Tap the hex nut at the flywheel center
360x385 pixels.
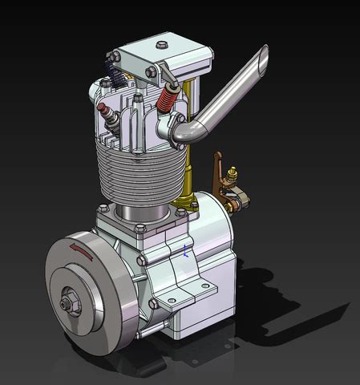[64, 306]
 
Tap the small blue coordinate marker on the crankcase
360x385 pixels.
[186, 249]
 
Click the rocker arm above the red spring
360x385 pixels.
[170, 80]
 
